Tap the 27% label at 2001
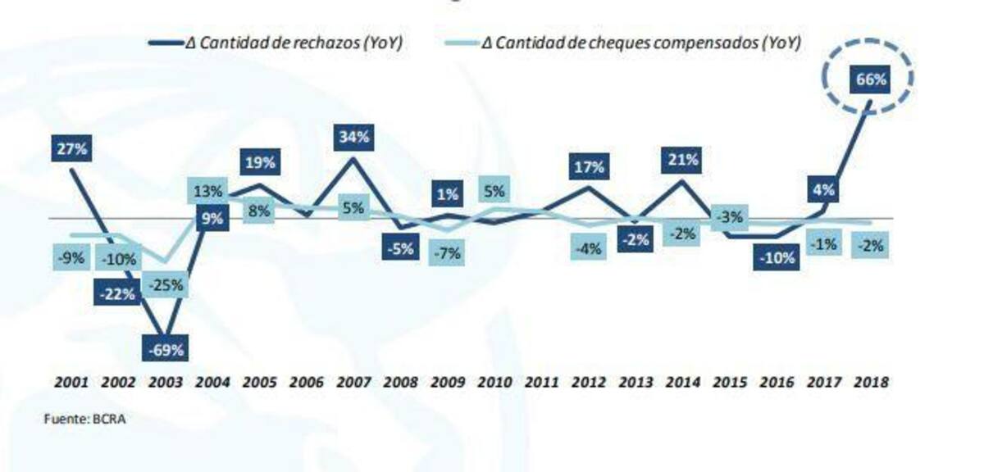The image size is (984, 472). [x=72, y=150]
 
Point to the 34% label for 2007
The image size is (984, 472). [x=354, y=137]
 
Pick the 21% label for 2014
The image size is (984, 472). [x=682, y=160]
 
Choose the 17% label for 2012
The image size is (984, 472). [x=589, y=167]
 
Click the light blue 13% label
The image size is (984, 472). [x=207, y=192]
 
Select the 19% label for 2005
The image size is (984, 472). [x=259, y=161]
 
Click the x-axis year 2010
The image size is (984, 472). [x=494, y=382]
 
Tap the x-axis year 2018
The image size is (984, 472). [x=871, y=382]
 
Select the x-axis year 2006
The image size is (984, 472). [x=306, y=382]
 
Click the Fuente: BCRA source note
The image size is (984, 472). [x=85, y=419]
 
